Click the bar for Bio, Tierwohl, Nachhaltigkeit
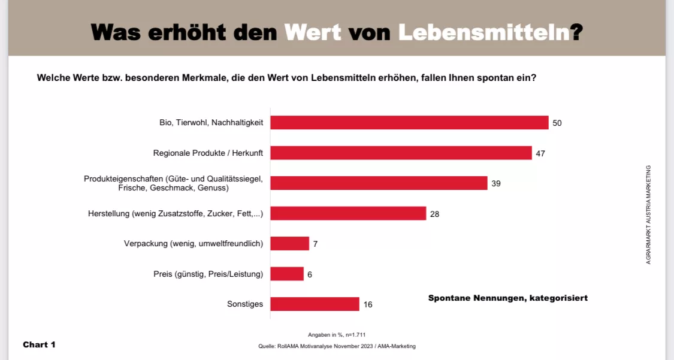(x=409, y=123)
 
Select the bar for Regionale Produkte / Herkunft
(x=401, y=153)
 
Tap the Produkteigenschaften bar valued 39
(x=379, y=183)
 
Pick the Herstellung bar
(x=348, y=213)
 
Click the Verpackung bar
(x=290, y=244)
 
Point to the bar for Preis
(x=287, y=274)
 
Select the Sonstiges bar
(x=315, y=304)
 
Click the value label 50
(x=557, y=123)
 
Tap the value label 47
(x=540, y=153)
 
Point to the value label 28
(x=435, y=214)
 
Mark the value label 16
(x=368, y=305)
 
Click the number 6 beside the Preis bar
(x=310, y=274)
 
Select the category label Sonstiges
(x=245, y=304)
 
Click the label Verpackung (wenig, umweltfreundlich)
(x=194, y=244)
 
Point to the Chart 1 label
(x=40, y=344)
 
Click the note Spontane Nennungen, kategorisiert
(x=508, y=298)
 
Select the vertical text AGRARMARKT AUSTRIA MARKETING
(x=648, y=214)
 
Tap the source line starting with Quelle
(x=337, y=346)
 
